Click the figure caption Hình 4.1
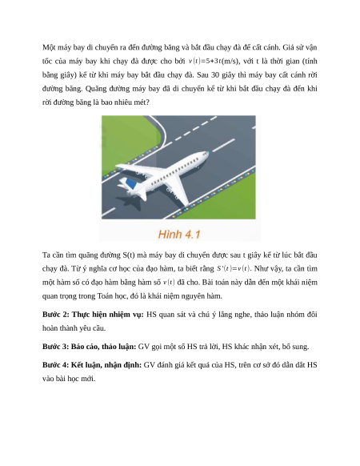[179, 234]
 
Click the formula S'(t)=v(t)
[234, 269]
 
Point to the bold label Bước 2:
[56, 315]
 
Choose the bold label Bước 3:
[55, 347]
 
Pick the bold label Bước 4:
[55, 365]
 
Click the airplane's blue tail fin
[131, 183]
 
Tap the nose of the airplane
[206, 154]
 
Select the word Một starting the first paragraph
[49, 47]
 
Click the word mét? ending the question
[142, 102]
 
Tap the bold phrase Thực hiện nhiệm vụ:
[108, 315]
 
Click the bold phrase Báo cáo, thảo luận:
[103, 347]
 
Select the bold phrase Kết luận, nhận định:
[106, 365]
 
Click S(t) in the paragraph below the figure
[129, 255]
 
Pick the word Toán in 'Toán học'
[104, 296]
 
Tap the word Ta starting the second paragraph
[46, 255]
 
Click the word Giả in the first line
[288, 47]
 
